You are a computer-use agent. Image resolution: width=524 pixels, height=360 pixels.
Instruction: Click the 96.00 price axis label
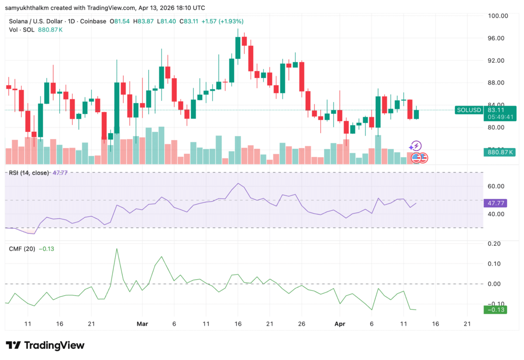point(498,38)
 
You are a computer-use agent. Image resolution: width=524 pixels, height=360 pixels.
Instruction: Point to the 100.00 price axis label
point(498,16)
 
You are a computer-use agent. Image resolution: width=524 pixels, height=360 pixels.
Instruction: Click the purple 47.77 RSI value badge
point(495,203)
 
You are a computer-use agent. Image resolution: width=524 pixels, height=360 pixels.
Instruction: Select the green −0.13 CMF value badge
point(495,310)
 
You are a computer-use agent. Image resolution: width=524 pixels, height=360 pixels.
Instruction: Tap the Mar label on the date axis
point(142,324)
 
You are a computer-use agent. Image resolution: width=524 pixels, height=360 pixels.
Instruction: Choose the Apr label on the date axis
point(339,324)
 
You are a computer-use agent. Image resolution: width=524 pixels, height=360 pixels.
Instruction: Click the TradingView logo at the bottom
point(45,345)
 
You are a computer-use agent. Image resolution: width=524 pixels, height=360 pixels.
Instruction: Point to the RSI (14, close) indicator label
point(29,173)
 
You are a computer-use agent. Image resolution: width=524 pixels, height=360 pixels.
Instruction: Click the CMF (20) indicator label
point(22,249)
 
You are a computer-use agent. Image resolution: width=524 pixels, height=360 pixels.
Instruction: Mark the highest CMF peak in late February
point(117,249)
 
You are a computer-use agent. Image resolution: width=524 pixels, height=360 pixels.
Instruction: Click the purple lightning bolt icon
point(417,146)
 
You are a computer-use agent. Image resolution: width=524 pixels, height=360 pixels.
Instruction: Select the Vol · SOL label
point(21,30)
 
